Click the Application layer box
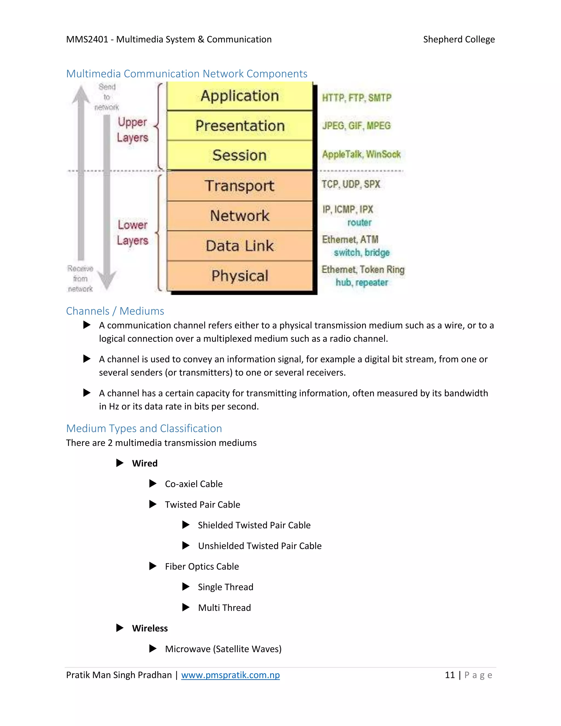tap(240, 96)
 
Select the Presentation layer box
tap(240, 126)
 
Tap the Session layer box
tap(240, 155)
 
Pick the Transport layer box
tap(240, 185)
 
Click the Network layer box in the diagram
tap(240, 216)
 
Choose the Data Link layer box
tap(240, 246)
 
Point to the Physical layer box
tap(240, 276)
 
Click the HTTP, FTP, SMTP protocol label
tap(357, 98)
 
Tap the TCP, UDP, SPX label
tap(351, 184)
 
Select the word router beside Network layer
tap(359, 222)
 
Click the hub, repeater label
tap(362, 282)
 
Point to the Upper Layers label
tap(132, 130)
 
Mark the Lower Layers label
tap(132, 232)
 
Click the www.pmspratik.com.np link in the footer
tap(230, 675)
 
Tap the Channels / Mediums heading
tap(115, 311)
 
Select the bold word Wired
tap(145, 463)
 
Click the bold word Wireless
tap(150, 628)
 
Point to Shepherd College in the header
tap(459, 39)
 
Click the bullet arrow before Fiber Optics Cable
tap(153, 566)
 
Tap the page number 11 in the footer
tap(450, 675)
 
